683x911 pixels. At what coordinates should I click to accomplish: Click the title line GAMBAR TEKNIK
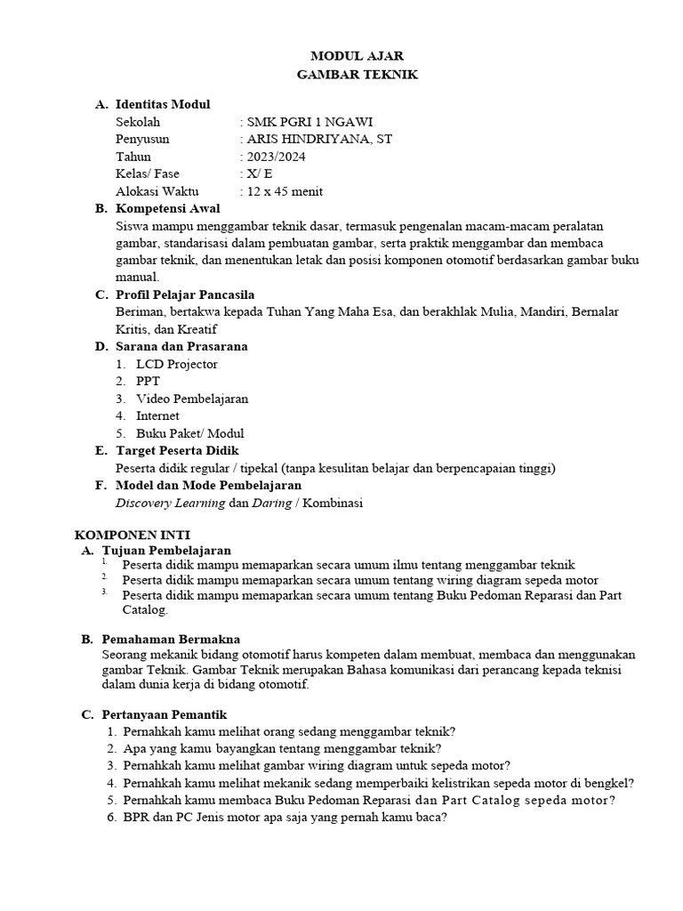click(357, 75)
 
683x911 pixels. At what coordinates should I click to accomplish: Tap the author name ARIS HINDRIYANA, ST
click(318, 139)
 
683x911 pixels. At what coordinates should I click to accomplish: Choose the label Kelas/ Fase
click(148, 173)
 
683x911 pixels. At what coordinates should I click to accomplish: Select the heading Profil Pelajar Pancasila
click(185, 294)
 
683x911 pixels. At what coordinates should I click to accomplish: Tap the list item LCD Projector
click(176, 364)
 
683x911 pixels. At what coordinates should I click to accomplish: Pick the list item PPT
click(149, 381)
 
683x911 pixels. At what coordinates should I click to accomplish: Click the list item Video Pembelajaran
click(192, 399)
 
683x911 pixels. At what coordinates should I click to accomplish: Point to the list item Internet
click(157, 415)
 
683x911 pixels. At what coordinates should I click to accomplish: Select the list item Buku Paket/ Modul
click(190, 433)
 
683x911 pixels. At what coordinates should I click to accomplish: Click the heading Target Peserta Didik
click(177, 451)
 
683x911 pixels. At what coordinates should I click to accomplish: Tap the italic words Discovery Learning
click(171, 503)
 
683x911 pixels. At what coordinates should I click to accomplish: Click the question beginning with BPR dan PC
click(285, 818)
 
